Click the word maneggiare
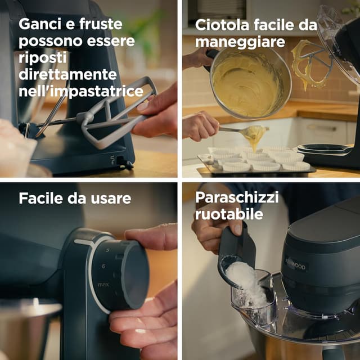[240, 42]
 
